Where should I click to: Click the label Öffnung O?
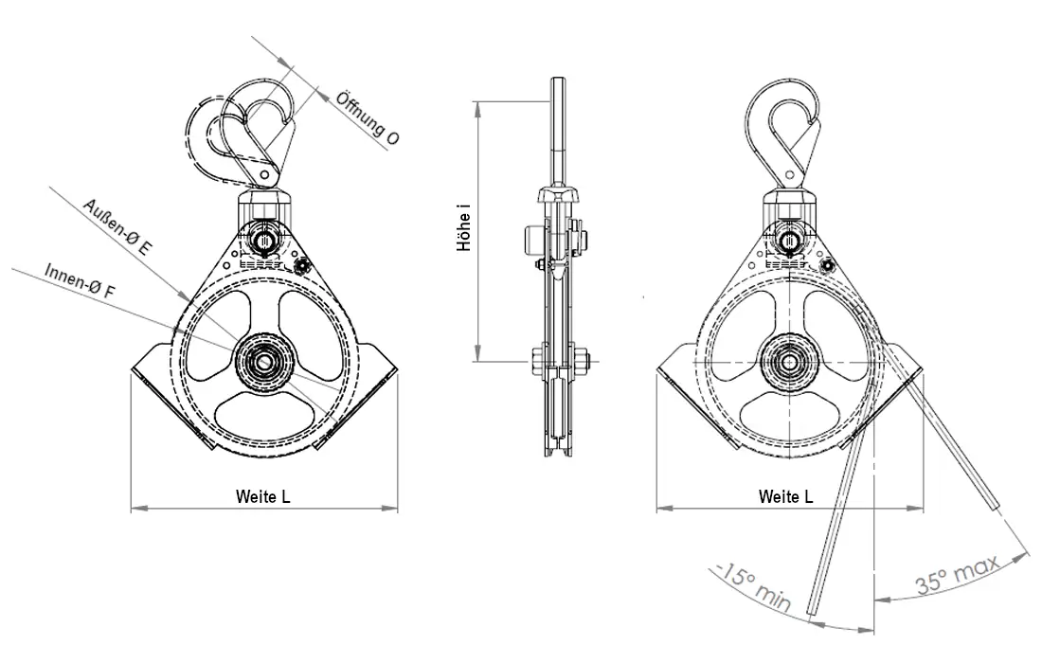pyautogui.click(x=368, y=117)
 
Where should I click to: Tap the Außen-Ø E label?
pyautogui.click(x=117, y=227)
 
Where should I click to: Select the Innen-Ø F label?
pyautogui.click(x=81, y=286)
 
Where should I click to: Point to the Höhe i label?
pyautogui.click(x=464, y=228)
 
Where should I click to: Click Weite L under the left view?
pyautogui.click(x=263, y=496)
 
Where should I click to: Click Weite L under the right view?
pyautogui.click(x=786, y=496)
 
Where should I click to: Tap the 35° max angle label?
pyautogui.click(x=958, y=574)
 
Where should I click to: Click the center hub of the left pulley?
pyautogui.click(x=264, y=362)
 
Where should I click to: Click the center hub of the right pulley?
pyautogui.click(x=790, y=362)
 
